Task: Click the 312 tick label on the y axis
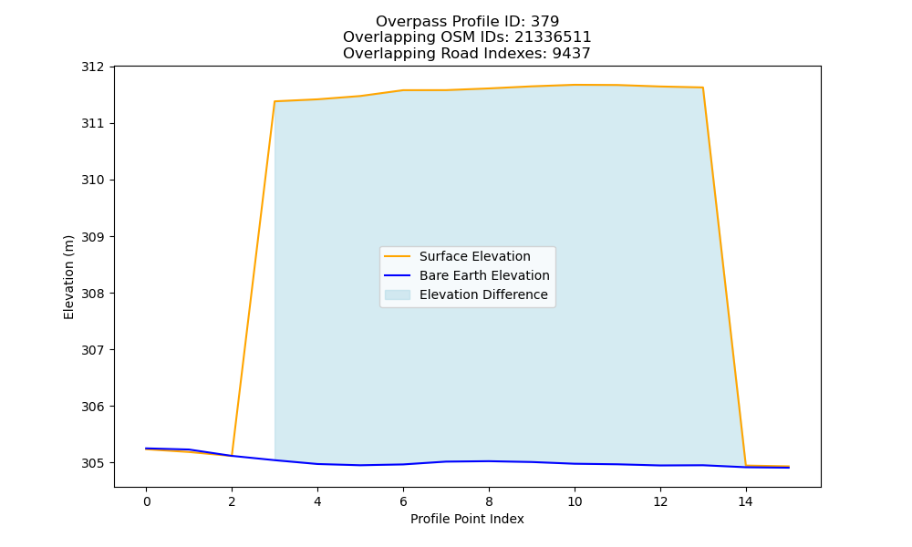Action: [92, 67]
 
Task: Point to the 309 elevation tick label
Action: [92, 237]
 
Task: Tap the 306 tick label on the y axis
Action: [92, 407]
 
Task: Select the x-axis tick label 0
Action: [147, 501]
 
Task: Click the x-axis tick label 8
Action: [489, 501]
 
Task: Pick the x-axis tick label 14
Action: [746, 501]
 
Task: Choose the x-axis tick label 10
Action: [575, 501]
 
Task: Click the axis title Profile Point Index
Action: [467, 519]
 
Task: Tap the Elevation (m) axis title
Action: [68, 277]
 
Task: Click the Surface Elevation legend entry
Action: [474, 256]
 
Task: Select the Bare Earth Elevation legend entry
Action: [484, 275]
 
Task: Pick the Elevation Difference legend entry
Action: [483, 294]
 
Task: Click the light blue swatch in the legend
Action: [398, 294]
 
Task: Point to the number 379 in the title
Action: [545, 22]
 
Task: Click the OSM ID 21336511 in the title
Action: [554, 37]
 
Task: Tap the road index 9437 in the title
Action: [572, 54]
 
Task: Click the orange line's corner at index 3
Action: [275, 101]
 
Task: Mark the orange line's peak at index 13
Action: [703, 88]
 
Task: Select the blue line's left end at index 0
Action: [146, 449]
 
